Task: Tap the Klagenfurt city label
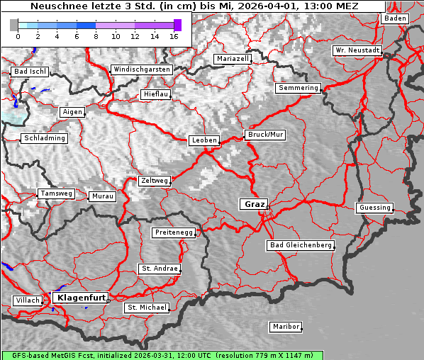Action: pyautogui.click(x=80, y=298)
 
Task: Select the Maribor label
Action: pyautogui.click(x=286, y=327)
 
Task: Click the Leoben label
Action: pyautogui.click(x=204, y=140)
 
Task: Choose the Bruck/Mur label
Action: pyautogui.click(x=265, y=134)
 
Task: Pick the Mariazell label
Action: pyautogui.click(x=233, y=59)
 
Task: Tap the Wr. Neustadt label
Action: pyautogui.click(x=357, y=51)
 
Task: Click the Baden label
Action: pyautogui.click(x=395, y=18)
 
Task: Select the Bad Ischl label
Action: pyautogui.click(x=30, y=72)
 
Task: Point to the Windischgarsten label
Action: pyautogui.click(x=141, y=69)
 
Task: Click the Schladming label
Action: pyautogui.click(x=45, y=138)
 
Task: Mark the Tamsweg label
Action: pyautogui.click(x=56, y=193)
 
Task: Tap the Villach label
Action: pyautogui.click(x=27, y=300)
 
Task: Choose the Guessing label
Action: pyautogui.click(x=374, y=208)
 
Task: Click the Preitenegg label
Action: pyautogui.click(x=173, y=232)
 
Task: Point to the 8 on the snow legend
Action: pyautogui.click(x=96, y=36)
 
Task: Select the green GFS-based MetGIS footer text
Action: pyautogui.click(x=162, y=355)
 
